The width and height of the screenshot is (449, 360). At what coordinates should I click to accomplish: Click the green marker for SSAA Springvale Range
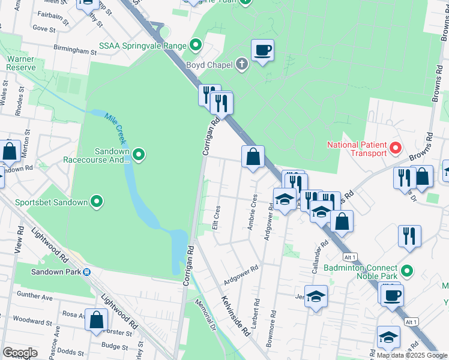tap(195, 45)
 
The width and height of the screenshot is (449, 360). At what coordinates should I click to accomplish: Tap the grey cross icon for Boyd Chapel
tap(242, 64)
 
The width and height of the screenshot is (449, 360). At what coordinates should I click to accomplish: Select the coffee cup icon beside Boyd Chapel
tap(262, 50)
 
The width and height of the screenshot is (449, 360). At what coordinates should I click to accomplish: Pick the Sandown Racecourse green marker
tap(139, 156)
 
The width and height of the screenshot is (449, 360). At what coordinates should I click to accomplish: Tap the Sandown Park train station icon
tap(87, 272)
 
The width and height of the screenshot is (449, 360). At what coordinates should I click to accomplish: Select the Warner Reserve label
tap(20, 63)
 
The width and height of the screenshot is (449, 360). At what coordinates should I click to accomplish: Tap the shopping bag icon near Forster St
tap(96, 320)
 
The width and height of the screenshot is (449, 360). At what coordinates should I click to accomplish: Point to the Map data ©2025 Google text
tap(412, 355)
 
